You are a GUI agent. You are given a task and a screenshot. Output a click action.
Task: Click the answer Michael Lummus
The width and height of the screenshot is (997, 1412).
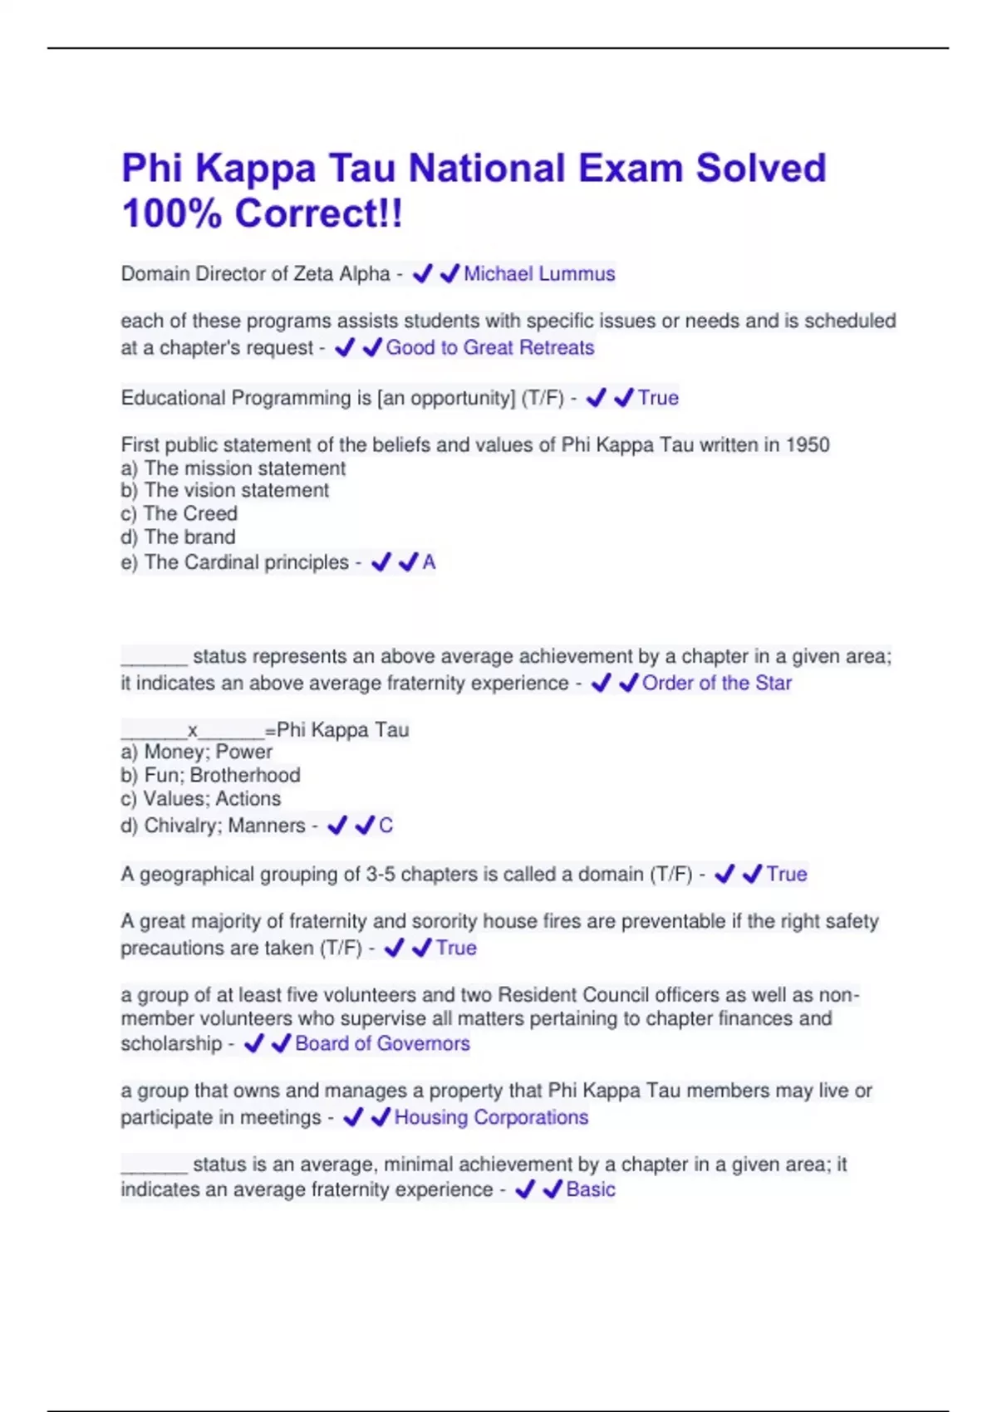pyautogui.click(x=539, y=274)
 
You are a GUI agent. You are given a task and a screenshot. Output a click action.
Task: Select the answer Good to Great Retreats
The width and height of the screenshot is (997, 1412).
pyautogui.click(x=490, y=348)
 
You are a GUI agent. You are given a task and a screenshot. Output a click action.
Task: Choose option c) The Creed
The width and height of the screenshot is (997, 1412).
pyautogui.click(x=179, y=514)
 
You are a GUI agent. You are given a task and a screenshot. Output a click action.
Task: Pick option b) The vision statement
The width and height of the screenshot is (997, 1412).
pyautogui.click(x=225, y=491)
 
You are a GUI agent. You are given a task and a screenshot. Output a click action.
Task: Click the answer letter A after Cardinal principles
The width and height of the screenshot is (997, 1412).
pyautogui.click(x=429, y=563)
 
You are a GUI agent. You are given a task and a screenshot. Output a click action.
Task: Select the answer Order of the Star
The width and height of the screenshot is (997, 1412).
pyautogui.click(x=717, y=684)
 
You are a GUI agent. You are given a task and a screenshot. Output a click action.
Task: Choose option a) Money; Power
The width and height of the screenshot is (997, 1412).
pyautogui.click(x=197, y=753)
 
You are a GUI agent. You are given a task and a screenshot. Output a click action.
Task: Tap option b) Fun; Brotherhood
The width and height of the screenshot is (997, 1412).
pyautogui.click(x=211, y=776)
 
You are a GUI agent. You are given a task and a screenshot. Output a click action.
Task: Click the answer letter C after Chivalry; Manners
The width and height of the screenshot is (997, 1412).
pyautogui.click(x=386, y=826)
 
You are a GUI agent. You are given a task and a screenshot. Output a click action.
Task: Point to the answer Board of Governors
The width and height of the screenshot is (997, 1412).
pyautogui.click(x=382, y=1044)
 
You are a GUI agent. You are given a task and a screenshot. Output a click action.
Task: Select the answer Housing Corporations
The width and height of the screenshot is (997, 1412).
pyautogui.click(x=491, y=1118)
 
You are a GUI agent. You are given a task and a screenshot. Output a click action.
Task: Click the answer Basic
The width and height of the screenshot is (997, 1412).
pyautogui.click(x=591, y=1190)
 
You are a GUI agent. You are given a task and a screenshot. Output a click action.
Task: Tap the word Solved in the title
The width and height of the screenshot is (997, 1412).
pyautogui.click(x=760, y=169)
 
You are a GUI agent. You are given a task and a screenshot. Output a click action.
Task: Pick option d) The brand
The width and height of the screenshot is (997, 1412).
pyautogui.click(x=179, y=537)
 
